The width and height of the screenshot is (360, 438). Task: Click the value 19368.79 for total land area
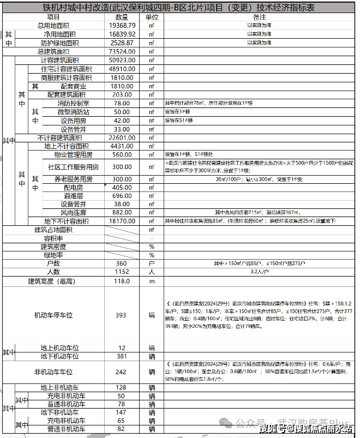122,26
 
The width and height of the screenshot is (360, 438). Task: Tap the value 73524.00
122,51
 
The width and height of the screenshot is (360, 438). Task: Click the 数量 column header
122,17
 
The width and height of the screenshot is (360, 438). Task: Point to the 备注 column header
259,17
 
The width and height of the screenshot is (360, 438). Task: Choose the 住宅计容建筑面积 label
67,69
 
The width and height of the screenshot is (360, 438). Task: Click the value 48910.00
122,69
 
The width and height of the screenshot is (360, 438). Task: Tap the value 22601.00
122,137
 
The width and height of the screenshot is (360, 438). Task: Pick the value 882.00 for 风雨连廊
122,212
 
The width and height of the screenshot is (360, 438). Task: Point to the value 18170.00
122,221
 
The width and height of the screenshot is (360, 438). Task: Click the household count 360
121,263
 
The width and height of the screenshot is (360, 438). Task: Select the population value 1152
121,272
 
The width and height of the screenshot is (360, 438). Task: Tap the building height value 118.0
121,281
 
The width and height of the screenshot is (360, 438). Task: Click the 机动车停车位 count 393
121,315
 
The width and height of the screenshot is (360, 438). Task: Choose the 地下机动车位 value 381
121,356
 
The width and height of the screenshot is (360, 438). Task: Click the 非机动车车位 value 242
121,372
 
